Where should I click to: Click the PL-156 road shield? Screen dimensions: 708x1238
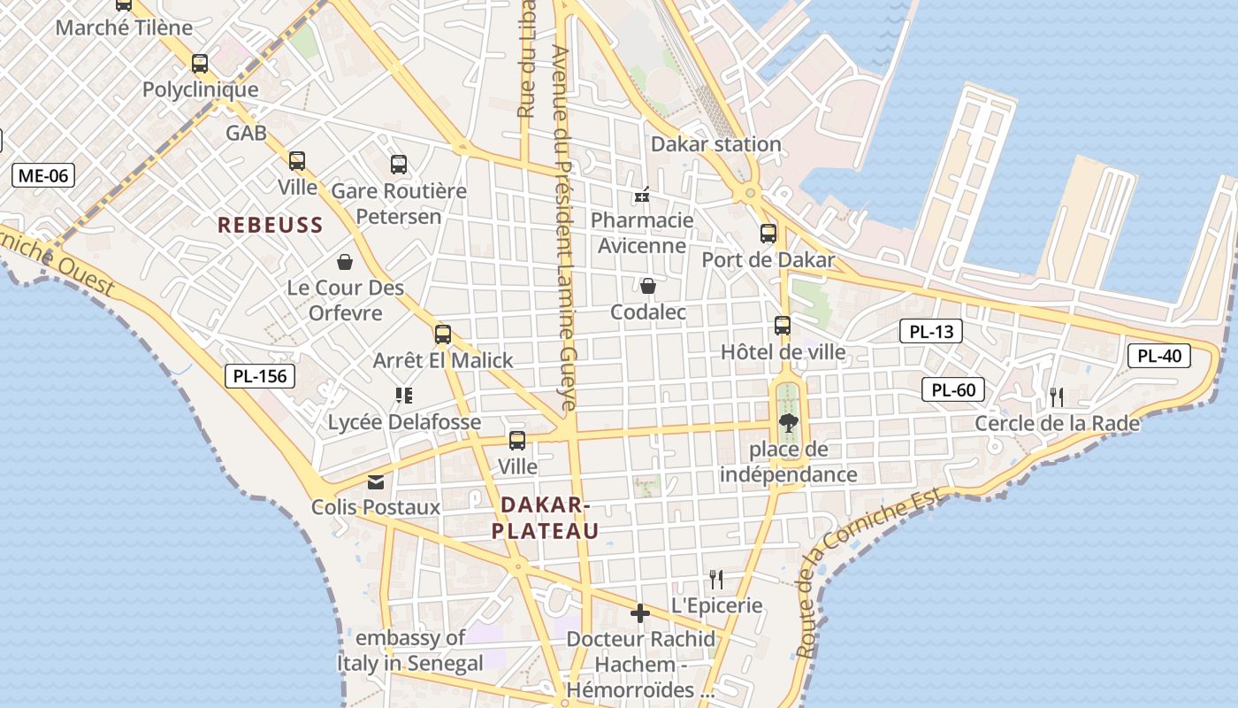pos(259,376)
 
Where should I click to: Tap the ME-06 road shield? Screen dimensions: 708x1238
pos(43,175)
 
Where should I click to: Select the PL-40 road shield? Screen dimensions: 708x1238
pos(1159,357)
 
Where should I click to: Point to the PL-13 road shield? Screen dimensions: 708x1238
pos(931,332)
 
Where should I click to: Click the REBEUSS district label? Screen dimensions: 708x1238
pos(271,225)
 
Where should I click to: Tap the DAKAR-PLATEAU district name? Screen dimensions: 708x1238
pos(545,518)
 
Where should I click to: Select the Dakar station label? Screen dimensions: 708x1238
pos(715,144)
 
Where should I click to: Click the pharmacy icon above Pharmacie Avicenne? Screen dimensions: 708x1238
pos(642,195)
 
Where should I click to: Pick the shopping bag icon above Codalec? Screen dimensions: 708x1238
pos(648,286)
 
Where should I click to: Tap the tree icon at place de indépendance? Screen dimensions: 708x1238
pos(788,423)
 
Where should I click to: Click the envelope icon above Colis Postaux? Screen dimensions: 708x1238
pos(376,482)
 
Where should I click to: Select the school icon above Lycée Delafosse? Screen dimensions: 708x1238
pos(404,396)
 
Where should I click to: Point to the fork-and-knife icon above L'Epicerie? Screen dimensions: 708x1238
pos(716,580)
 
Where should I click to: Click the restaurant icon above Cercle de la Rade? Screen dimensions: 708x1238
pos(1057,397)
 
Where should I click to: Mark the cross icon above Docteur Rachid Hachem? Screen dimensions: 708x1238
pos(640,613)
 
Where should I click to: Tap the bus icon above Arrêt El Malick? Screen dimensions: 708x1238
pos(443,335)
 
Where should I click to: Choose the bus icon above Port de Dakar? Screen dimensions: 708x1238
pos(768,234)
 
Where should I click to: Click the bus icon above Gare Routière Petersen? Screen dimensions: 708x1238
pos(399,165)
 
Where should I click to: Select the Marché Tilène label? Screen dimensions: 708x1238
pos(124,27)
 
